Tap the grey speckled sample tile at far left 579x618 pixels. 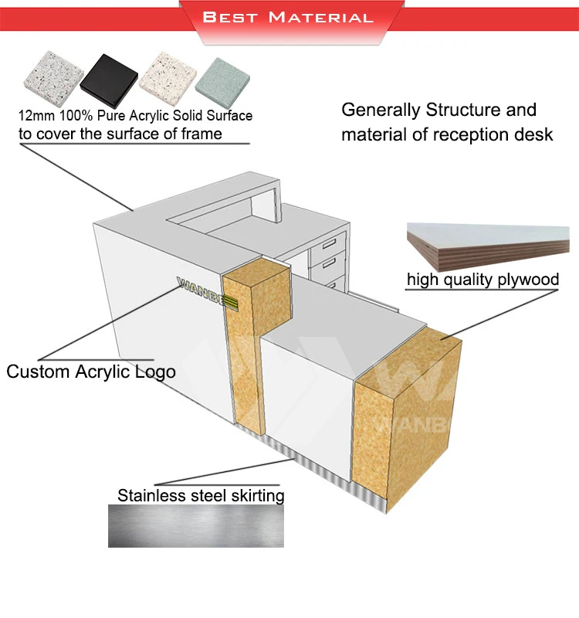tap(51, 80)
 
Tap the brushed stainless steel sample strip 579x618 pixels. tap(195, 526)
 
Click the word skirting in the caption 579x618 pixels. tap(252, 495)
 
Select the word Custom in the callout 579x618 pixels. tap(39, 372)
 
